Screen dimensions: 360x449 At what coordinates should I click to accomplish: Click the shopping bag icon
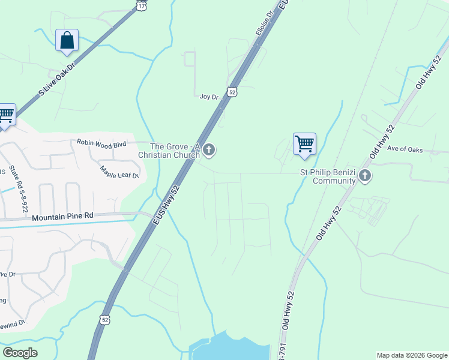(67, 41)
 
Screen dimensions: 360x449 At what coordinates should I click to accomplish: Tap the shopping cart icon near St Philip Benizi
(304, 144)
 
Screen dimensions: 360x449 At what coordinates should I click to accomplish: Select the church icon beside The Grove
(209, 150)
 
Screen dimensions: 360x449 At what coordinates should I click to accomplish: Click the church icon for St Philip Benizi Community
(365, 176)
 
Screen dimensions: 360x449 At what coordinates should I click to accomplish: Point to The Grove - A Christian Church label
(175, 151)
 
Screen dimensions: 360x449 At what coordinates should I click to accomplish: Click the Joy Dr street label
(208, 96)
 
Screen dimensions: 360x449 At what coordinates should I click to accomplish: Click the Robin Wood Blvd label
(101, 143)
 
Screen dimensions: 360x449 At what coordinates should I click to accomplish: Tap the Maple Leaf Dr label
(119, 172)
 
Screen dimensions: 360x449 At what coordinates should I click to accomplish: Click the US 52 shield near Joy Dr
(233, 92)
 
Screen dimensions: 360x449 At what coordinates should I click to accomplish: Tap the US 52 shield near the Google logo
(105, 320)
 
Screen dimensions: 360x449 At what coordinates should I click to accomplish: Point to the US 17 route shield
(141, 5)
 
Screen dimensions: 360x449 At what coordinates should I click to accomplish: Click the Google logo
(20, 353)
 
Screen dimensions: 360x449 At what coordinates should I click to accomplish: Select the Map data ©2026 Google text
(411, 355)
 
